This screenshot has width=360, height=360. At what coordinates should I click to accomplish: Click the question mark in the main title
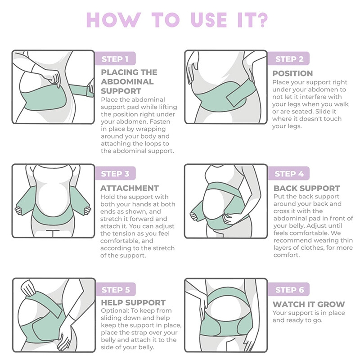coord(261,20)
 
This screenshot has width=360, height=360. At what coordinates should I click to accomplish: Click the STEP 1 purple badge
coord(115,59)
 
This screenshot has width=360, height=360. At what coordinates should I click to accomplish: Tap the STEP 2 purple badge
coord(289,59)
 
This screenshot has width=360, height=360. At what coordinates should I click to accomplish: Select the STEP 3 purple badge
coord(115,174)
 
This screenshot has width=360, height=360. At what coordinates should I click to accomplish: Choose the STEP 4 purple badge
coord(289,174)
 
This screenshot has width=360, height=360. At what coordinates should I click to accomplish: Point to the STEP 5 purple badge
coord(115,289)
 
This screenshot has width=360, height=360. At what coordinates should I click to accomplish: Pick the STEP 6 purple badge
coord(289,289)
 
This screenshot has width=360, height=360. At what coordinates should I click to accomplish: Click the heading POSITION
coord(292,73)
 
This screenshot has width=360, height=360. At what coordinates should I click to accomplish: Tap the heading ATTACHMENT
coord(130,188)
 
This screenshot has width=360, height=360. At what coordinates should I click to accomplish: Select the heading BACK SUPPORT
coord(306,188)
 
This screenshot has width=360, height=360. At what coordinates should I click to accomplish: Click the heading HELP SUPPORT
coord(133,302)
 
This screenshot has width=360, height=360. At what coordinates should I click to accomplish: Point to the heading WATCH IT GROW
coord(309,304)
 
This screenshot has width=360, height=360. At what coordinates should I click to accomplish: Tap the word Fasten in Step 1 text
coord(162,121)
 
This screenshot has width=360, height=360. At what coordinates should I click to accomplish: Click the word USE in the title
coord(208,20)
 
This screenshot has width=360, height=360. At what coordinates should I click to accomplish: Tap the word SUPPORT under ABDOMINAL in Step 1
coord(121,91)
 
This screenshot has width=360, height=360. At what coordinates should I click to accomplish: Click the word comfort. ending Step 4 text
coord(287,255)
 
